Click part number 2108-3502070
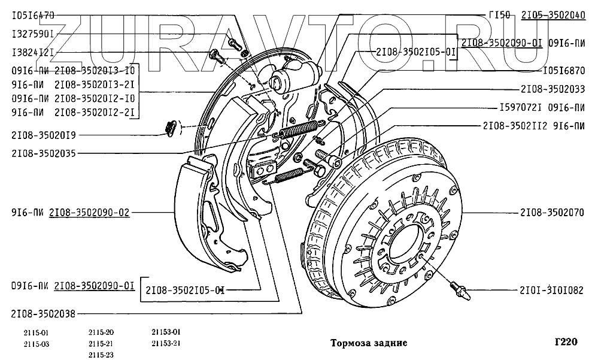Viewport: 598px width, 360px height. point(552,213)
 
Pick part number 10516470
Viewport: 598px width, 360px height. point(33,14)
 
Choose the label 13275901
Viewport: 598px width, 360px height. point(33,34)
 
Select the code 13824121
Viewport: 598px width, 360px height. point(33,52)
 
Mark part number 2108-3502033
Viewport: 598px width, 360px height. point(553,89)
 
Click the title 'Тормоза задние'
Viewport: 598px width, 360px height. point(369,343)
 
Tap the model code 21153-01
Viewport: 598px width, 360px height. point(167,332)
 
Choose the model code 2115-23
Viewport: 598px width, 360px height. point(101,354)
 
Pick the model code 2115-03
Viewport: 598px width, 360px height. point(37,343)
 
